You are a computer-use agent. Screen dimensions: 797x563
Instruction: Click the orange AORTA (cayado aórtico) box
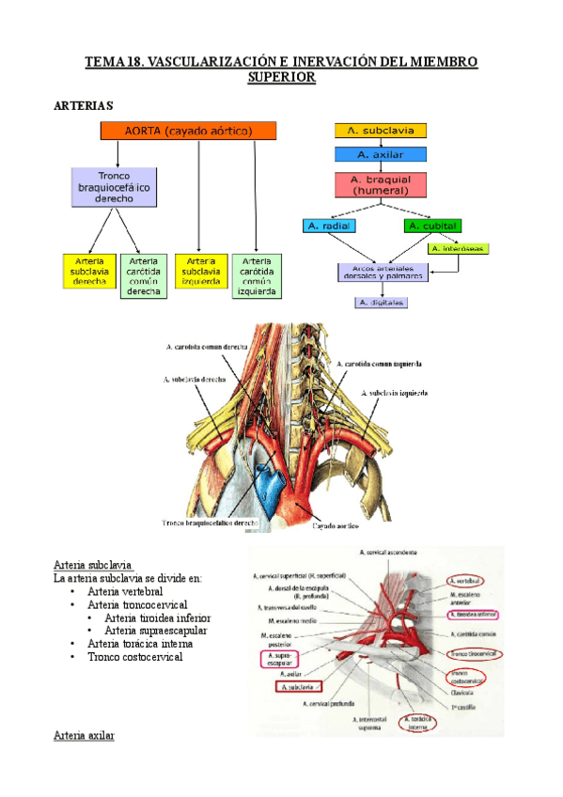coord(188,131)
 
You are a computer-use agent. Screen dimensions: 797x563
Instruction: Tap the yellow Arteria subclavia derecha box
coord(87,272)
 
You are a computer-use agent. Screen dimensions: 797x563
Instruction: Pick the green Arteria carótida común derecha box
coord(143,275)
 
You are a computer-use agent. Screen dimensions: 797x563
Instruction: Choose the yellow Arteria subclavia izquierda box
coord(201,272)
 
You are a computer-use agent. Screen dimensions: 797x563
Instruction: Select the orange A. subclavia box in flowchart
coord(381,131)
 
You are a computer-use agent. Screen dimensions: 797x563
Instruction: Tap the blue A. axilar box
coord(381,154)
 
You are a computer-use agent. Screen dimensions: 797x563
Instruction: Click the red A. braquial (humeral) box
coord(381,183)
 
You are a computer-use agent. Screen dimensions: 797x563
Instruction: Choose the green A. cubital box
coord(431,226)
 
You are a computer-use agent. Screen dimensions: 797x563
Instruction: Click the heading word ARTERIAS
coord(85,106)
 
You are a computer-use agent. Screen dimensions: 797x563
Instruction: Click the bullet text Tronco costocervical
coord(134,657)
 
